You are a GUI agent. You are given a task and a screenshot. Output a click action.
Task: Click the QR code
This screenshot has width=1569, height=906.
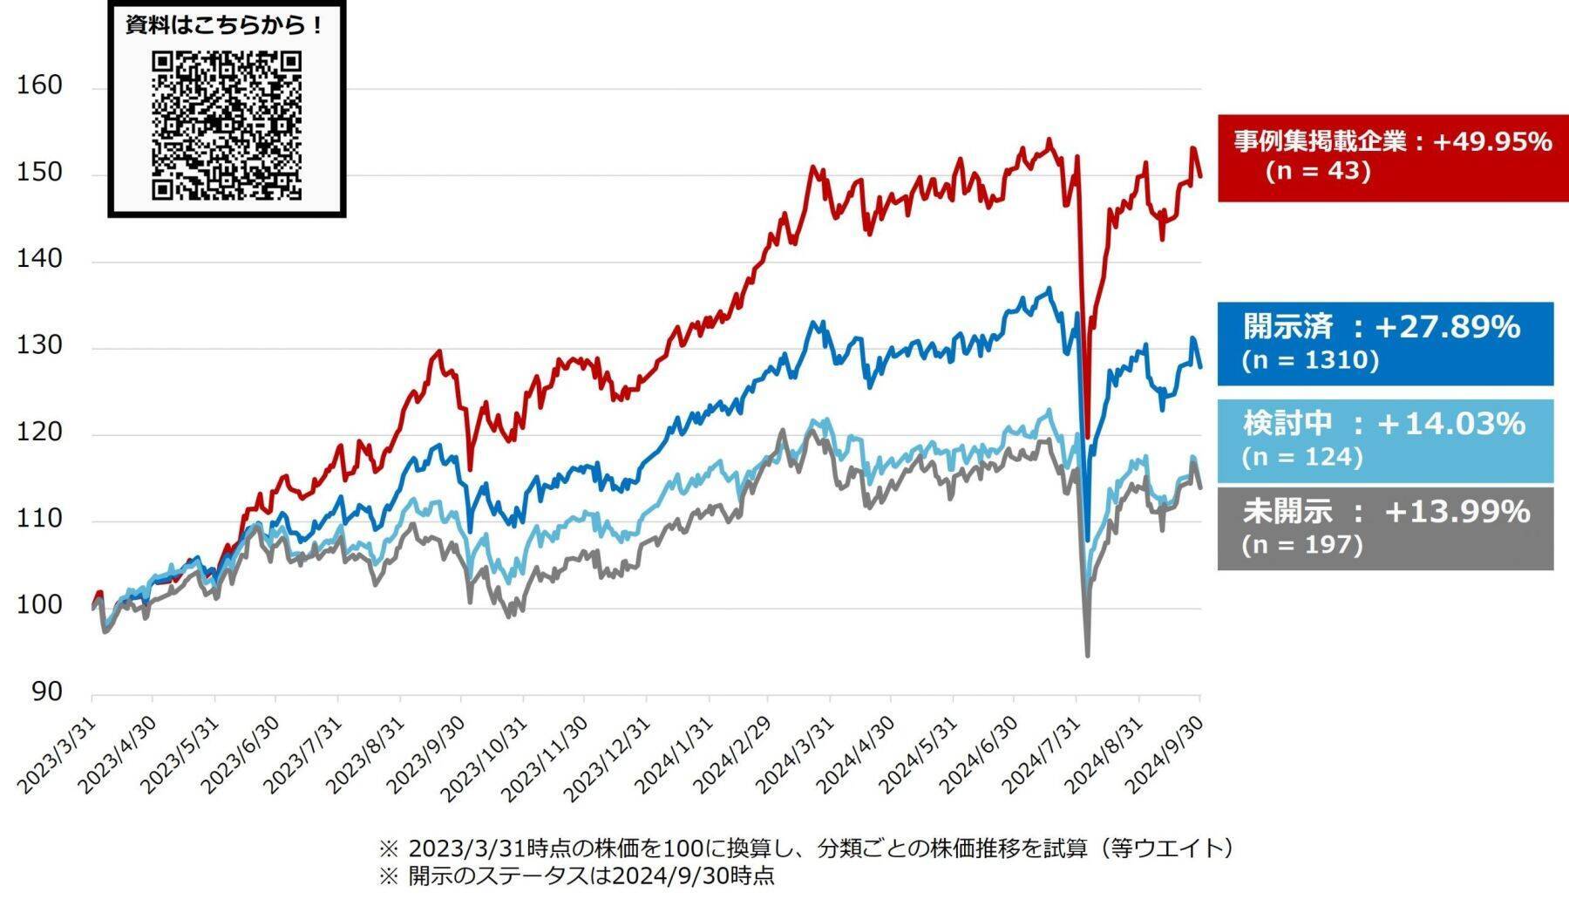pos(227,126)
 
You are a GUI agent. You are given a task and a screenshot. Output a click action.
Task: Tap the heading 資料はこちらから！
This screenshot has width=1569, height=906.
pos(226,25)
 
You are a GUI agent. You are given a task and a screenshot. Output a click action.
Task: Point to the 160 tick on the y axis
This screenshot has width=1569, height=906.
pos(39,85)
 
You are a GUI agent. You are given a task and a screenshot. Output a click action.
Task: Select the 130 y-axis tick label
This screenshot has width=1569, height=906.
pos(39,345)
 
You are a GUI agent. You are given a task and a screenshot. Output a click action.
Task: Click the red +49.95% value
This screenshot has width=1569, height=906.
pos(1491,141)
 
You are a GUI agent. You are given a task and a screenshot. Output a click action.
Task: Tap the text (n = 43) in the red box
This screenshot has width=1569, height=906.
pos(1318,171)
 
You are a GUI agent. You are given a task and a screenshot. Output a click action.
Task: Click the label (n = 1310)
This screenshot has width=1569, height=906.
pos(1310,360)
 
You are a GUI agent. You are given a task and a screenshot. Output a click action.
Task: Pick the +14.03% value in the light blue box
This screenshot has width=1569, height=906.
pos(1450,424)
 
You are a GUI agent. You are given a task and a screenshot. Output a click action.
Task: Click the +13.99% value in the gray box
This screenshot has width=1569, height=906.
pos(1457,512)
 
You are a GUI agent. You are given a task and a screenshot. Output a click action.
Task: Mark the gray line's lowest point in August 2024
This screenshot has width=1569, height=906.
pos(1087,655)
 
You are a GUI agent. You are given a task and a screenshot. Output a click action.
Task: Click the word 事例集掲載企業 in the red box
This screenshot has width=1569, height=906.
pos(1321,141)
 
